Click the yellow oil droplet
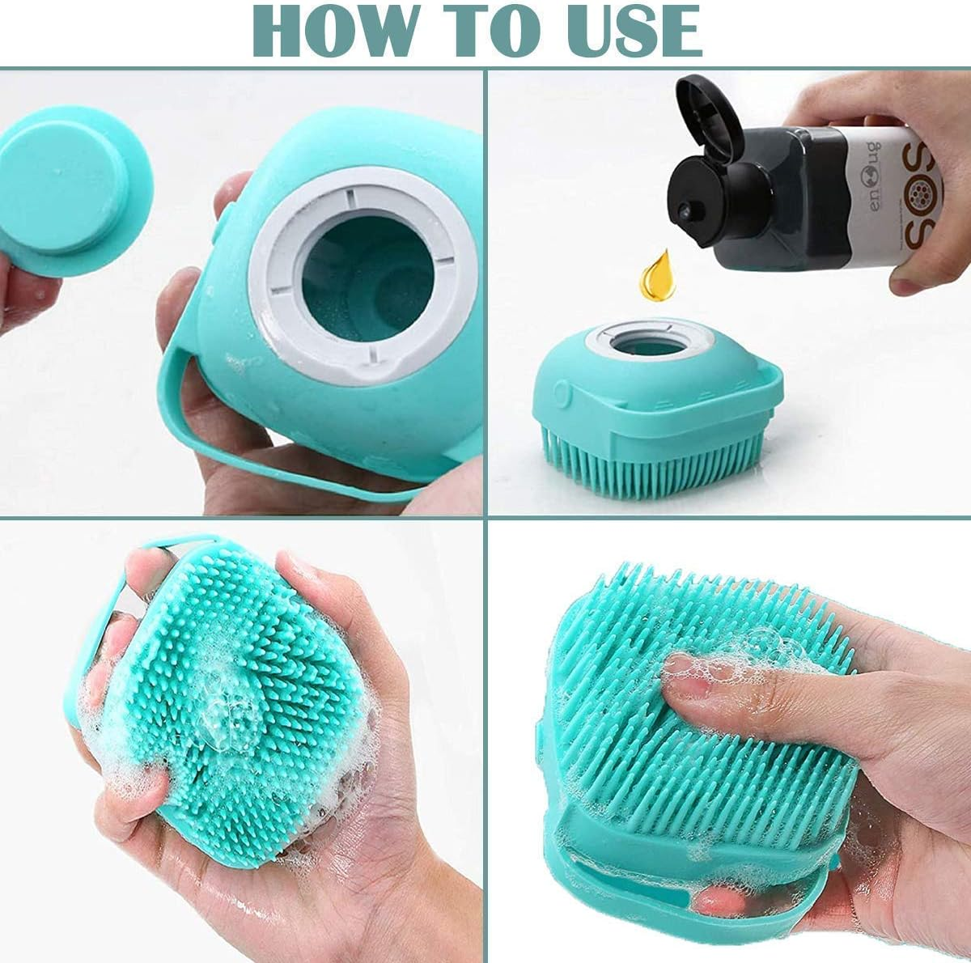tap(657, 278)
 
